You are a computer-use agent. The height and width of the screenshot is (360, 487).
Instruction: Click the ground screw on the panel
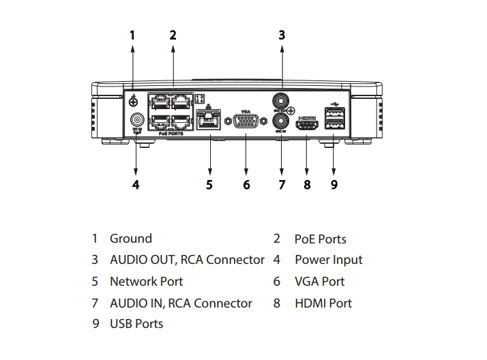click(134, 101)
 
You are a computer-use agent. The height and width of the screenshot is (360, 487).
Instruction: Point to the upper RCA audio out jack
click(280, 100)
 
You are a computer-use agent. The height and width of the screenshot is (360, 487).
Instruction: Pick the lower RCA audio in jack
click(280, 121)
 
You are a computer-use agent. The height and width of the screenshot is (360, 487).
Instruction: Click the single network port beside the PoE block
click(208, 122)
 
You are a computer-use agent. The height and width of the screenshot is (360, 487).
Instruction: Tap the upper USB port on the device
click(334, 113)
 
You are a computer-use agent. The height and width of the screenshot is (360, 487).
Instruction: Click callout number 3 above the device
click(281, 34)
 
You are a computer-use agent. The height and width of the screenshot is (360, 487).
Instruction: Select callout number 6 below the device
click(246, 184)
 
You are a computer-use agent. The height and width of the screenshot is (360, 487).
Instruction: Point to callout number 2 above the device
click(173, 34)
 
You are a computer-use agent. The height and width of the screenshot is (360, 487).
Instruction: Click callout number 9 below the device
click(334, 184)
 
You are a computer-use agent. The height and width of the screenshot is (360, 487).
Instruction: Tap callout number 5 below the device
click(209, 184)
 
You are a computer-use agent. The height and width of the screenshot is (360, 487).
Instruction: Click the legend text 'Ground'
click(131, 239)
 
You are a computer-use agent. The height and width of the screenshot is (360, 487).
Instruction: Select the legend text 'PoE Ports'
click(320, 239)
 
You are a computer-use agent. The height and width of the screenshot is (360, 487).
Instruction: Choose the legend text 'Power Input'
click(328, 260)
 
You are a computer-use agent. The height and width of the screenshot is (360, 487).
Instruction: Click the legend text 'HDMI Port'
click(323, 303)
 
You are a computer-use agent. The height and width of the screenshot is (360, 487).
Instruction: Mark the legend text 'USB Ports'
click(136, 324)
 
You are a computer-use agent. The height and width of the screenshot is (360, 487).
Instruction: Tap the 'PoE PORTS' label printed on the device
click(171, 134)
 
